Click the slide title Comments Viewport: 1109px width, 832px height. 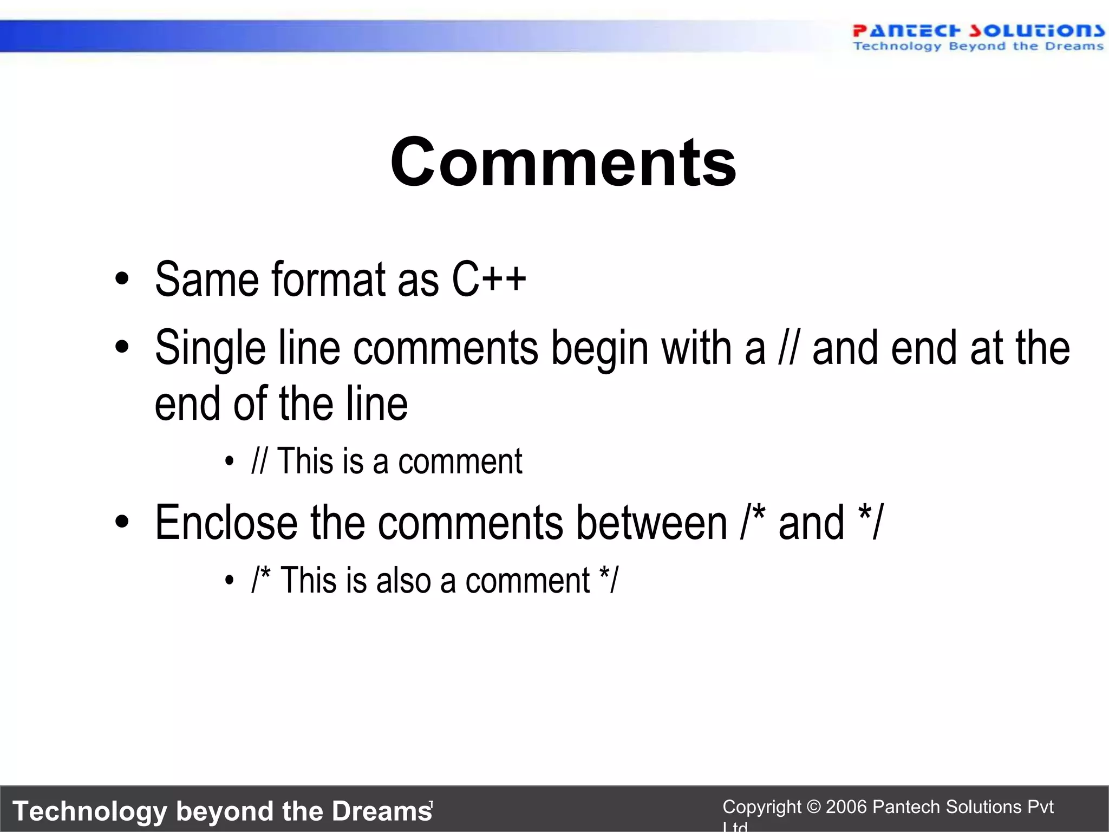click(x=563, y=162)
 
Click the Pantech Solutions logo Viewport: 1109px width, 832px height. click(x=978, y=31)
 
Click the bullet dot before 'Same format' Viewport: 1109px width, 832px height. click(x=122, y=280)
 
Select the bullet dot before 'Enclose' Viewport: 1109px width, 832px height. click(x=122, y=522)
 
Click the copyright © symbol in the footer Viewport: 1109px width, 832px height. click(x=813, y=807)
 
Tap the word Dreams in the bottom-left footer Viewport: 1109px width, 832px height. click(x=382, y=811)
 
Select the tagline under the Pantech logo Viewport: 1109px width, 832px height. click(x=978, y=47)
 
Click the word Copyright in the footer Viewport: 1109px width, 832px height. click(x=761, y=807)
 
